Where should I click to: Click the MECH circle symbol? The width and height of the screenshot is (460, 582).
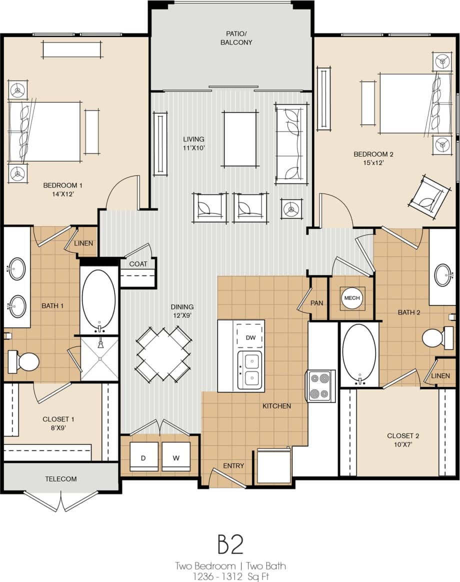pos(351,298)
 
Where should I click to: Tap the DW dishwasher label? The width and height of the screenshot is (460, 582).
pos(250,338)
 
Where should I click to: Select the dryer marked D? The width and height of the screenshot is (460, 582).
pos(144,456)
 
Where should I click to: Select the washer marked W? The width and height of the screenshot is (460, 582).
pos(176,456)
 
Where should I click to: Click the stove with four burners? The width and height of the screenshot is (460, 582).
pos(320,385)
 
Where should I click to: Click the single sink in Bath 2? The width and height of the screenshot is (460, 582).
pos(443,275)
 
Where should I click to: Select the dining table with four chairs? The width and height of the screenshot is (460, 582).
pos(163,353)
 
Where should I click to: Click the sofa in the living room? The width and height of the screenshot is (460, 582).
pos(291,144)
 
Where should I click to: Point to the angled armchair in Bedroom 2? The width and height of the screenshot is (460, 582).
pos(428,195)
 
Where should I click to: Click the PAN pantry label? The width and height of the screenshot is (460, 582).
pos(316,303)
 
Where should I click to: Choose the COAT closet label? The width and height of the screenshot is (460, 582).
pos(138,263)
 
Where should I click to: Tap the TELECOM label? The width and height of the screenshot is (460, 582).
pos(61,478)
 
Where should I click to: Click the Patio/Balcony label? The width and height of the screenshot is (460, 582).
pos(236,38)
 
